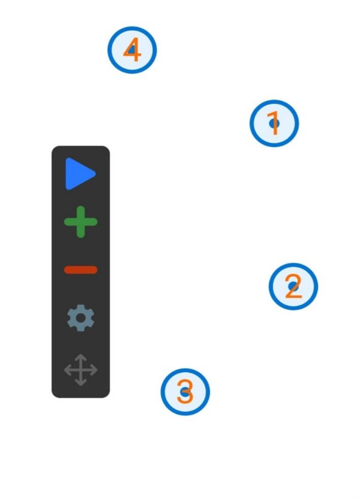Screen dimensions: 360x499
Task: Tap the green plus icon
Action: click(80, 222)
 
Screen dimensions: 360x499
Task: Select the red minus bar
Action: click(80, 270)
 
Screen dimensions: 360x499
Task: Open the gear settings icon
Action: click(80, 318)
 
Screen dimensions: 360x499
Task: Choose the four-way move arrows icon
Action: click(80, 370)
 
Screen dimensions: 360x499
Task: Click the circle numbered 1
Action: click(274, 124)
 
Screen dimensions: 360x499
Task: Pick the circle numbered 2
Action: click(293, 286)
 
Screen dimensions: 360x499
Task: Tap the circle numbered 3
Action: click(185, 392)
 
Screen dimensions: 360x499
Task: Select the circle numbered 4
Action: click(132, 50)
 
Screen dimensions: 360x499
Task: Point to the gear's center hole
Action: click(80, 318)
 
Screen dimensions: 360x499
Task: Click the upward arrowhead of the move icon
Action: click(80, 357)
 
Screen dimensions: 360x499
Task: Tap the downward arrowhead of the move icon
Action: click(80, 383)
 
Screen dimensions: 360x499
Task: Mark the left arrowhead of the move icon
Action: click(67, 370)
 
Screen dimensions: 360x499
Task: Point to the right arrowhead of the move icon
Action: click(94, 370)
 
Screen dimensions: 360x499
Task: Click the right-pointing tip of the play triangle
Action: click(96, 174)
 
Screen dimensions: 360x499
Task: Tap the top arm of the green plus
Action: click(80, 211)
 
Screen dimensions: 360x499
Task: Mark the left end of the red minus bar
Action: click(64, 270)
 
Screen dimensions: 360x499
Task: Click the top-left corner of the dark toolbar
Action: click(52, 147)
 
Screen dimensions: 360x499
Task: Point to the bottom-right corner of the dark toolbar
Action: click(109, 397)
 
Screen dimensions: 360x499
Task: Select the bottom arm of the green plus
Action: click(80, 232)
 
